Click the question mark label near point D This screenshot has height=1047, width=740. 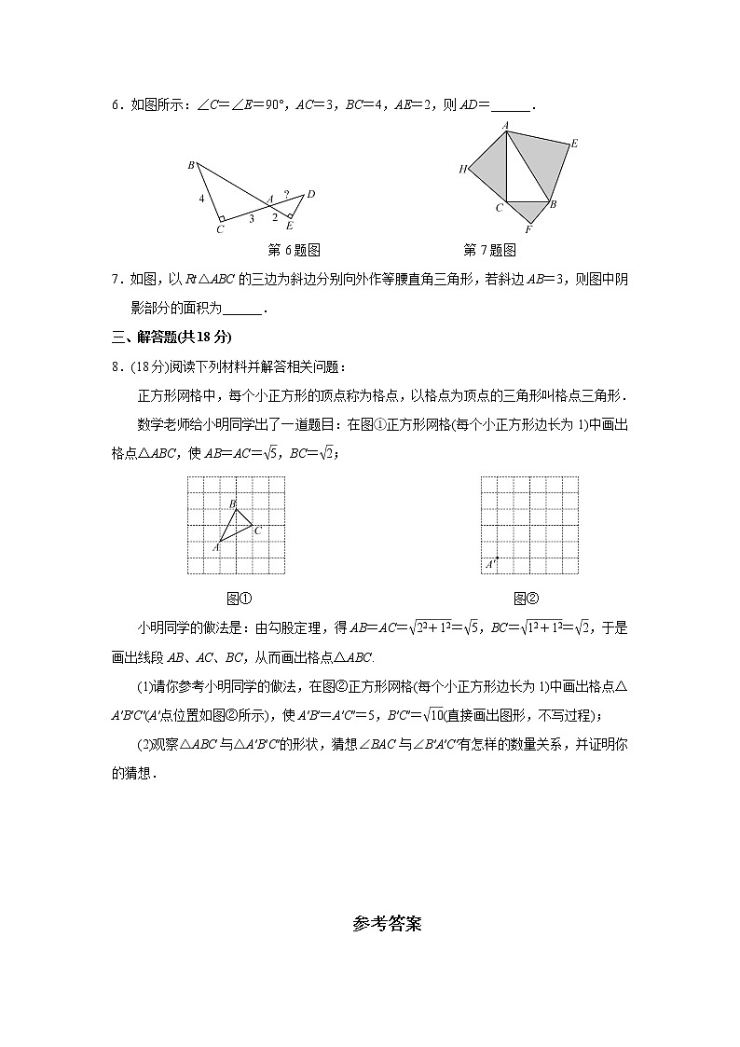(x=286, y=195)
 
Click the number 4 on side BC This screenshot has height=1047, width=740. (x=200, y=199)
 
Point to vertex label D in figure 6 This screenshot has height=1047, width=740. (x=310, y=194)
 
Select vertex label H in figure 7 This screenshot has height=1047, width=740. (x=461, y=169)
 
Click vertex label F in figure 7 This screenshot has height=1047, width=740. (x=528, y=230)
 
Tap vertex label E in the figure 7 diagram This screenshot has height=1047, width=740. (x=574, y=144)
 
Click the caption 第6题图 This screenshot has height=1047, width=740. (x=294, y=250)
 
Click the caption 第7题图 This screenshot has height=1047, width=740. (x=489, y=250)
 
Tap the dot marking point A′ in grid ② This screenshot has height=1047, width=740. (x=497, y=558)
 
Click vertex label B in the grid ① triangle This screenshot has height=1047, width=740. (x=232, y=503)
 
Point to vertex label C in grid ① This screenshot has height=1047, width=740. (x=257, y=530)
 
